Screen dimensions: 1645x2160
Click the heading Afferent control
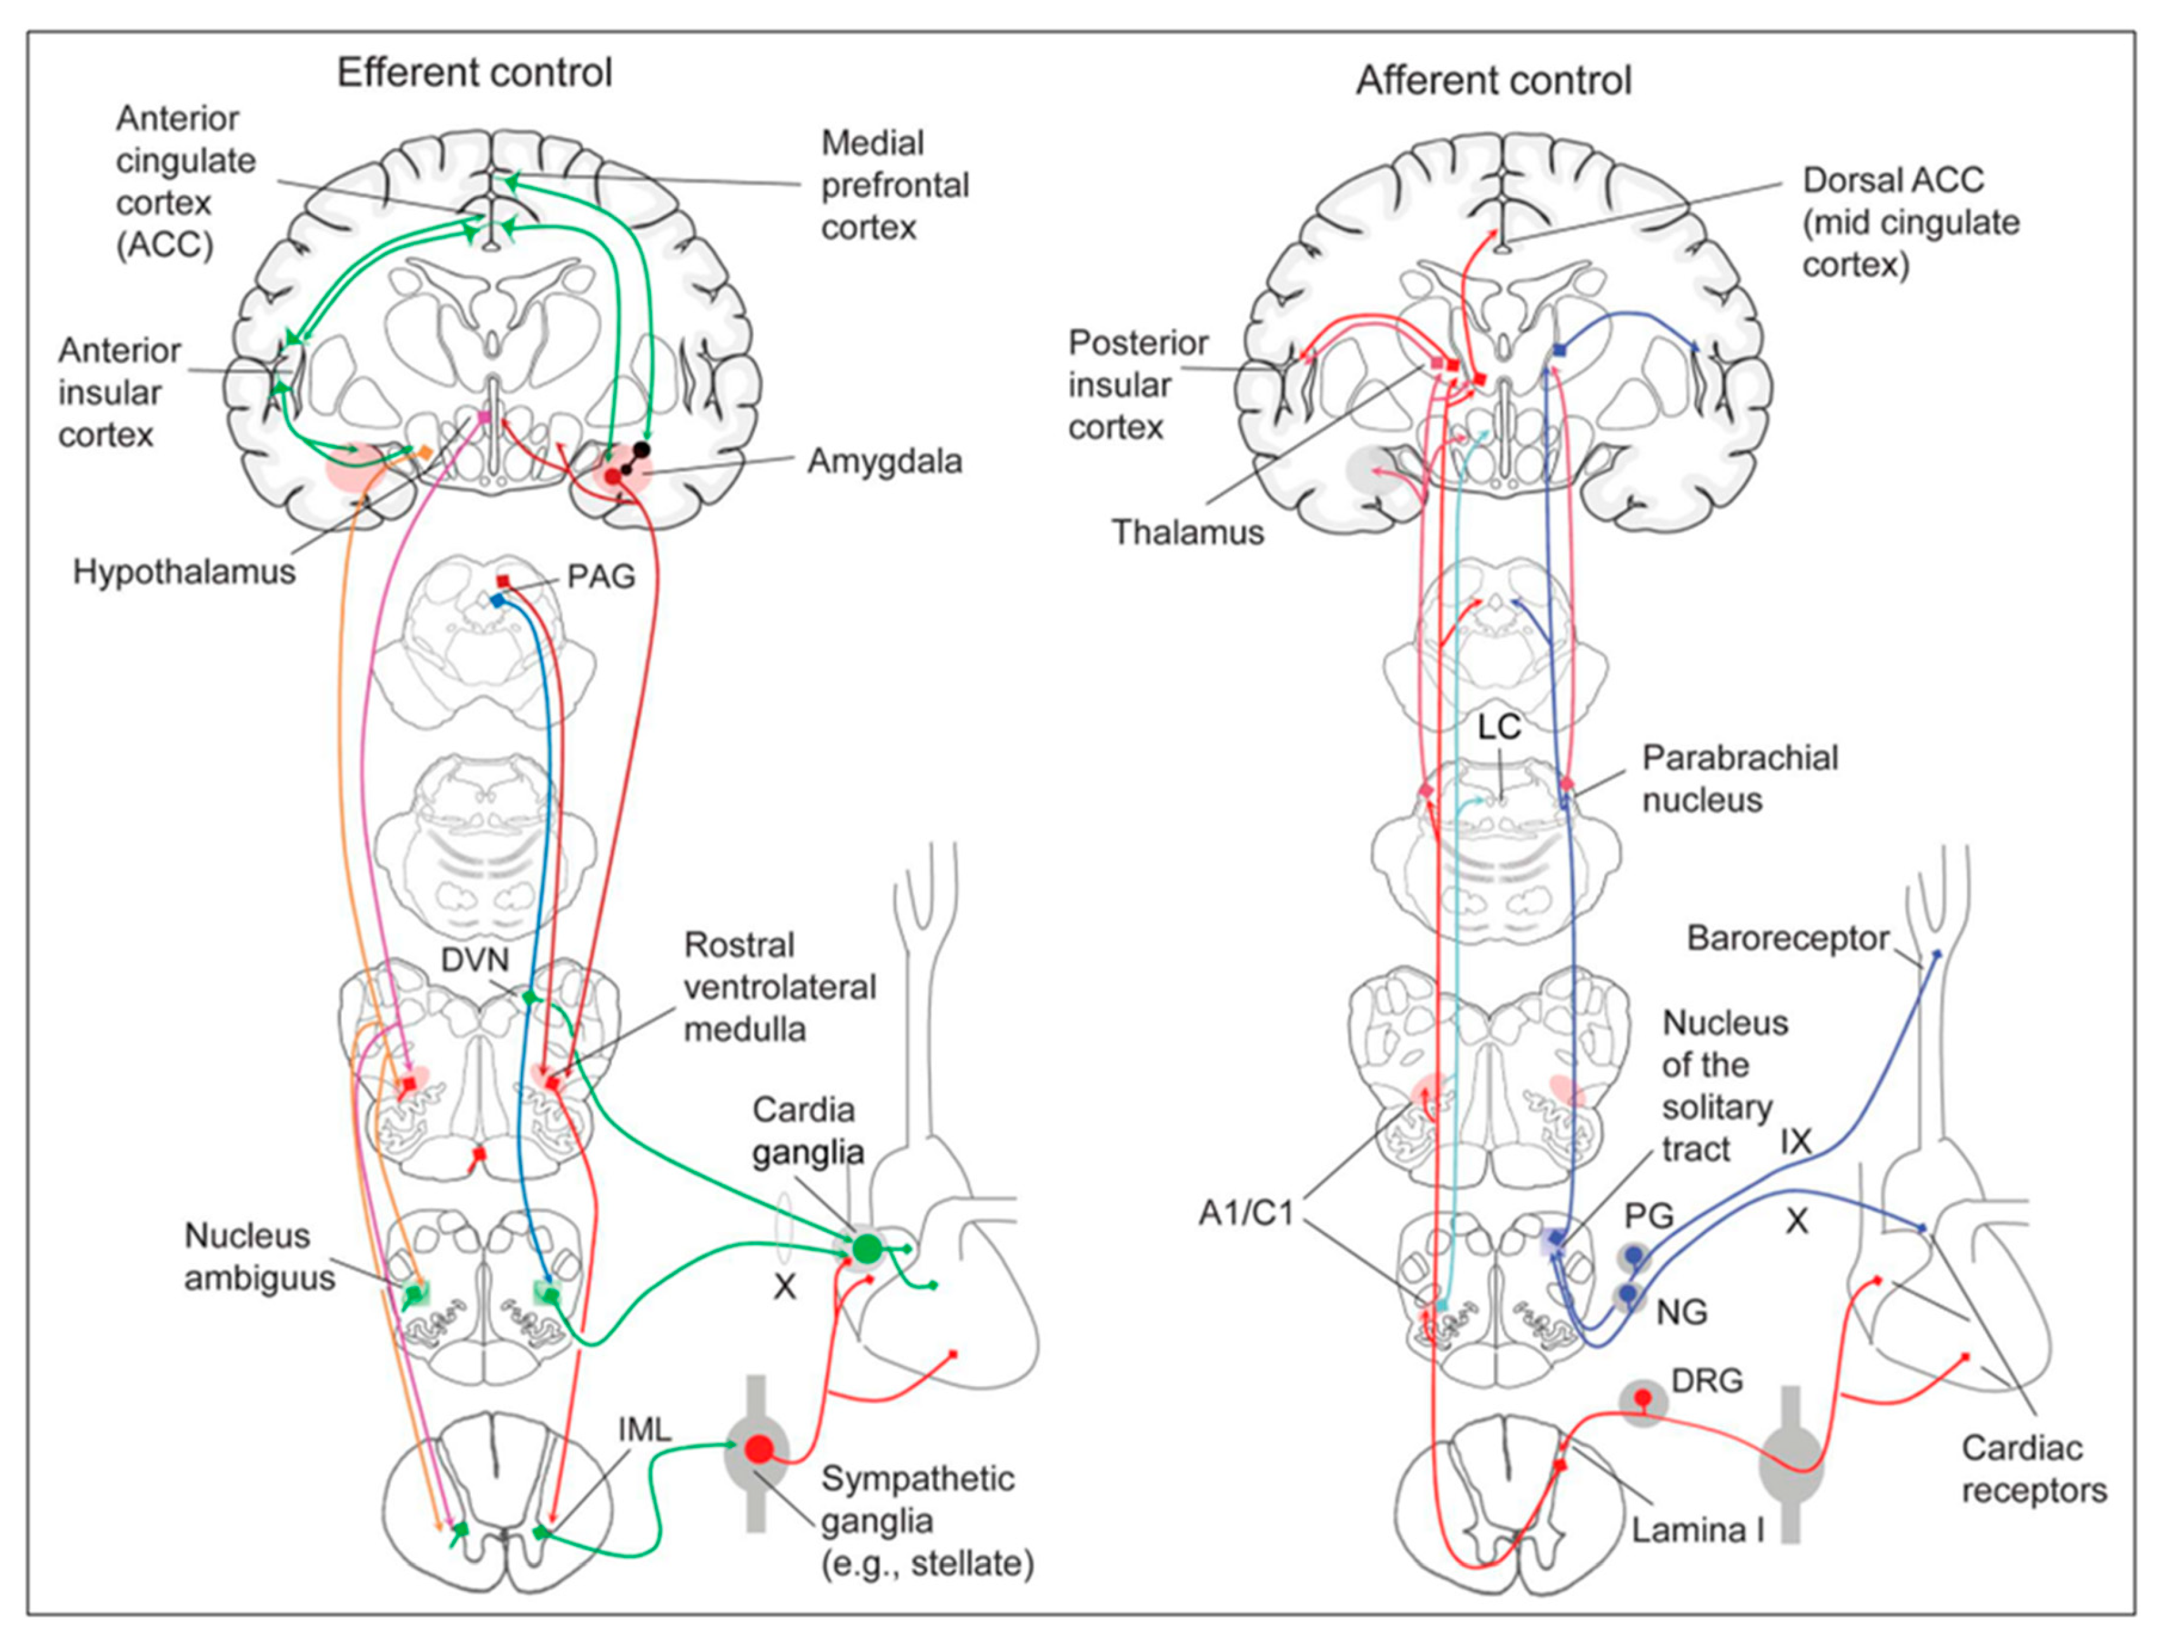(x=1492, y=81)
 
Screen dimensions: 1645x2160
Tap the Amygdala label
(x=884, y=461)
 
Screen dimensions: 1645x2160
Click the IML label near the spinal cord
(x=644, y=1430)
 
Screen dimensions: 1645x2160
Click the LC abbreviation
(x=1499, y=727)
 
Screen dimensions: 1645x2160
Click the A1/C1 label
(x=1246, y=1213)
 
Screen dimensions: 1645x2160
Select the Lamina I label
(x=1697, y=1529)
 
